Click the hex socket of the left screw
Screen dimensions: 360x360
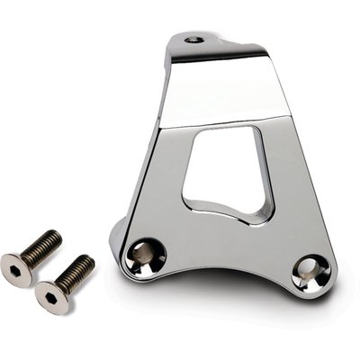tap(14, 268)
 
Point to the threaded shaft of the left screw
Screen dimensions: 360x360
tap(41, 247)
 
